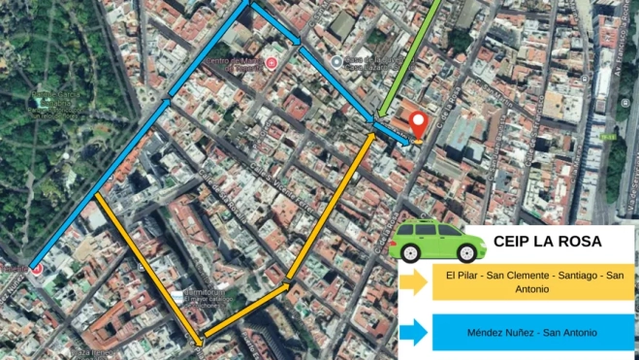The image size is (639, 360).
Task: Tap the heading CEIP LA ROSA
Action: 548,242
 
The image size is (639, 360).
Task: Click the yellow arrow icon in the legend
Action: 414,282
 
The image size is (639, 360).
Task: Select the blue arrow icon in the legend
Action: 414,334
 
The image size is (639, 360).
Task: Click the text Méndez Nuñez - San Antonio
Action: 531,334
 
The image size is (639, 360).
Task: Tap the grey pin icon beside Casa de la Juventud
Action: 335,62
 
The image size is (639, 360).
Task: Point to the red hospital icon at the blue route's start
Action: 36,267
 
